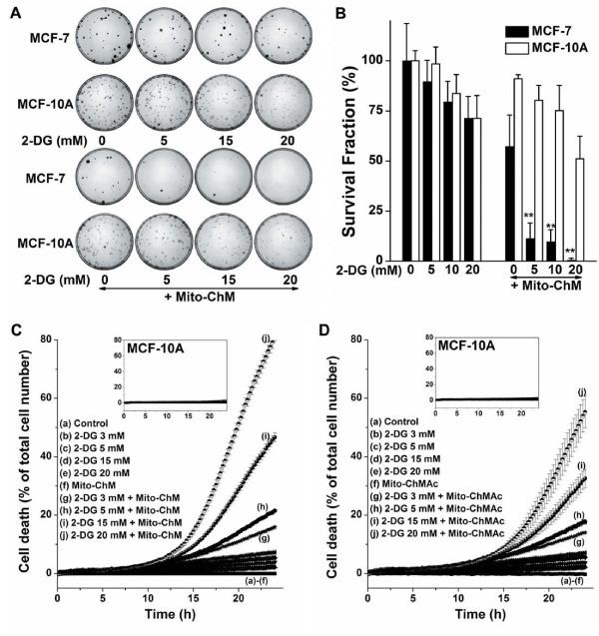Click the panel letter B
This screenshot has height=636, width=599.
pyautogui.click(x=315, y=11)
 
